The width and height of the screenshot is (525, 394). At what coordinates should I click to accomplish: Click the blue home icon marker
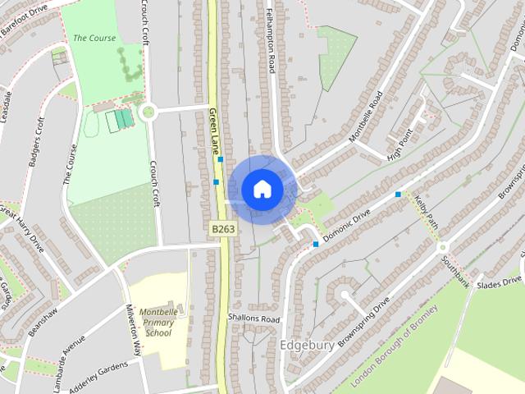click(x=262, y=190)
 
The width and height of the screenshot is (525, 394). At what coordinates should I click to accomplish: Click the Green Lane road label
click(x=214, y=131)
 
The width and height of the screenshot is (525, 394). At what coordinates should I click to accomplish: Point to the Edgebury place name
click(x=308, y=345)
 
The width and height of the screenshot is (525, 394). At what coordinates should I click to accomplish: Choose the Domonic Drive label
click(x=348, y=224)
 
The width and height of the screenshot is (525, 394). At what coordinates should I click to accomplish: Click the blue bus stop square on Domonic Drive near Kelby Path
click(x=398, y=194)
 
